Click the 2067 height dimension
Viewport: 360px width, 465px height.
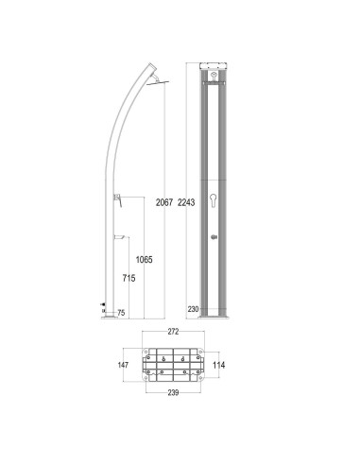point(164,202)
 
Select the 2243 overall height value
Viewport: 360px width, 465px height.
point(186,202)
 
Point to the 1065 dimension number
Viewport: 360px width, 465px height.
point(144,260)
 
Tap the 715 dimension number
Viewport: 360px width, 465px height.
point(129,278)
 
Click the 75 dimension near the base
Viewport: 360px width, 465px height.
point(121,313)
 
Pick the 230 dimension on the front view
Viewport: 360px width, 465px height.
point(193,309)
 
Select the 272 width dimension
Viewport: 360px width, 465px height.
point(173,332)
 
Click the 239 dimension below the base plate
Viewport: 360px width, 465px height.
point(173,392)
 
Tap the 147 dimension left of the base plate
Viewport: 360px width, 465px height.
point(123,365)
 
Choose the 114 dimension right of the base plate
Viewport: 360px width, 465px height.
point(219,365)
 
